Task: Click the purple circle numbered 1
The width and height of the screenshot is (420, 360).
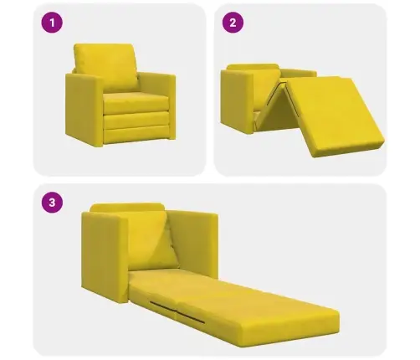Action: click(x=52, y=23)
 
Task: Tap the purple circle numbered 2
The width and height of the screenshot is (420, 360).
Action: click(x=233, y=23)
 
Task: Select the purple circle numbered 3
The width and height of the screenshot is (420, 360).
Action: click(x=52, y=203)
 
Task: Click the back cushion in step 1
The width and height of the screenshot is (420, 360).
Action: click(x=106, y=66)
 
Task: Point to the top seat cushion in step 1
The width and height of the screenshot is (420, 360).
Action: click(x=136, y=103)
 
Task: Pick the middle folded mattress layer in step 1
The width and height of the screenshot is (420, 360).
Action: click(x=136, y=121)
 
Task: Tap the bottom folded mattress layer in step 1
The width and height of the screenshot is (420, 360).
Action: click(x=136, y=135)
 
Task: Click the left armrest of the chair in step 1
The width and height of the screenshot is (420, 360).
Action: click(x=84, y=109)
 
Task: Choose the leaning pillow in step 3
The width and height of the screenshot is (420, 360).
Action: click(x=152, y=240)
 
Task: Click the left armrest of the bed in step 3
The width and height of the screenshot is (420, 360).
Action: click(x=105, y=257)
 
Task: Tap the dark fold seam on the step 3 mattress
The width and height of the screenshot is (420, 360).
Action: click(x=177, y=311)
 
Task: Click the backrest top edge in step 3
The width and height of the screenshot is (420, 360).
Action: click(x=127, y=207)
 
